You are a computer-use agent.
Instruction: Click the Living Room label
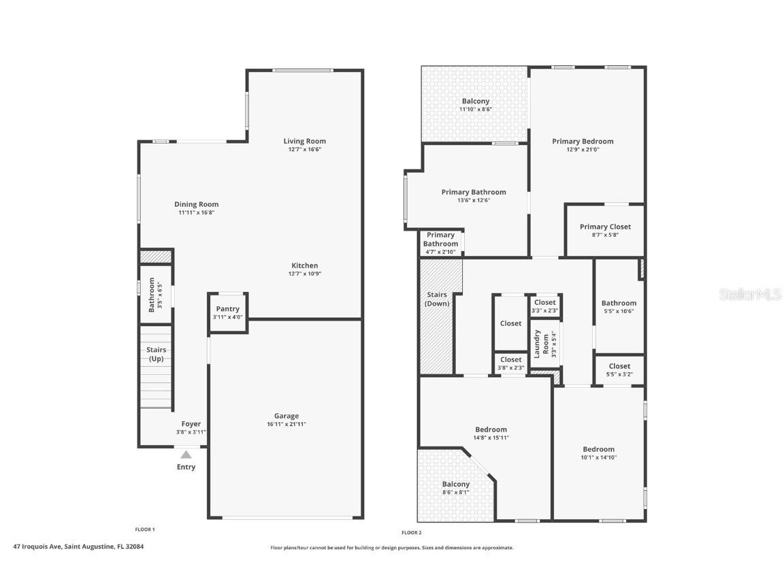[304, 142]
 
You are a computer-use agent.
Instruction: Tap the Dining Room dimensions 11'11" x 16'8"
[196, 213]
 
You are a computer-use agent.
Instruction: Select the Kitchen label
[304, 265]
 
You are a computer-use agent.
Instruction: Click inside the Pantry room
[227, 312]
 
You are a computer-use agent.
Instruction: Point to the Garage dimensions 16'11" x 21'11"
[286, 425]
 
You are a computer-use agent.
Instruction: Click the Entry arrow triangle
[186, 455]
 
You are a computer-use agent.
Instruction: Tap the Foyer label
[191, 424]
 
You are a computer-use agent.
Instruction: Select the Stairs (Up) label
[156, 354]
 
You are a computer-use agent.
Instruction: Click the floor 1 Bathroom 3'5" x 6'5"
[155, 295]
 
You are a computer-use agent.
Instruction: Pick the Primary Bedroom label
[583, 142]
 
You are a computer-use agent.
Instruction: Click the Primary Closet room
[605, 230]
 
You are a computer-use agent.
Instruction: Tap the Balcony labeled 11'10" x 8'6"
[475, 104]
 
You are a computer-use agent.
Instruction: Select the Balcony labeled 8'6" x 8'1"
[455, 487]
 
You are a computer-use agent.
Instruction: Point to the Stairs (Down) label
[436, 299]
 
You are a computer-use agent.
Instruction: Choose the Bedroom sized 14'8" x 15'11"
[491, 433]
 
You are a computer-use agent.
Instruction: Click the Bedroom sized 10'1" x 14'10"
[598, 453]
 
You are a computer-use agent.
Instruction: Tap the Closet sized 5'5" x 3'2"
[619, 370]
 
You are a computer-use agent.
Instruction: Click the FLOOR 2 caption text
[411, 533]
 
